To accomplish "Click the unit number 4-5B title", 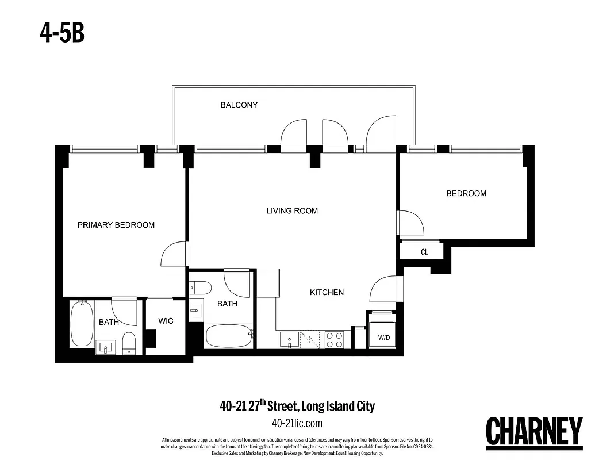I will tap(62, 33).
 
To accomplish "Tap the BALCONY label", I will tap(239, 105).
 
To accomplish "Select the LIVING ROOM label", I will tap(292, 211).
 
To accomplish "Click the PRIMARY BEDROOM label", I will tap(116, 225).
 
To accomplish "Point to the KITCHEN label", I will tap(327, 292).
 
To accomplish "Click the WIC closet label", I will tap(166, 321).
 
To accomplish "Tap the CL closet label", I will tap(424, 252).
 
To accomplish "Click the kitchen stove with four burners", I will tap(334, 340).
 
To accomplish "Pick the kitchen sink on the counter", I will tap(289, 340).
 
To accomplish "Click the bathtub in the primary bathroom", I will tap(82, 324).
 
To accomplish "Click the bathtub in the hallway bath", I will tap(228, 335).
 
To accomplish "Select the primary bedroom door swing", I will tap(174, 254).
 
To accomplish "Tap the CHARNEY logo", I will tap(535, 431).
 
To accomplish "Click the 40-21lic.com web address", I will tap(297, 424).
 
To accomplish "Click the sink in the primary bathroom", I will tap(106, 347).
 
